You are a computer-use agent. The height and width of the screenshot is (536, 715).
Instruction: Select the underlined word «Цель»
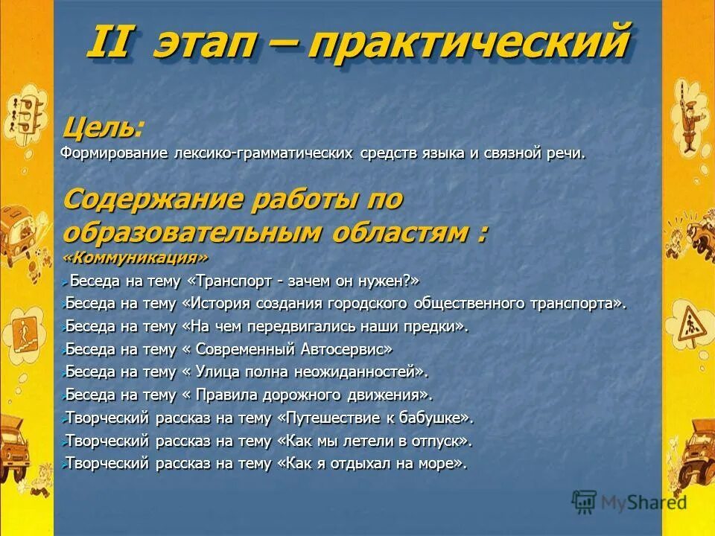[99, 129]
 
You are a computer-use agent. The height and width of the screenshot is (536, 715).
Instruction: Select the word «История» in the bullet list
[221, 303]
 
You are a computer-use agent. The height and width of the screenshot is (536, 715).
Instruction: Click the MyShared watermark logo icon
[585, 501]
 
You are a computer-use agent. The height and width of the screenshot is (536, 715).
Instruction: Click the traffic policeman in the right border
[689, 112]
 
